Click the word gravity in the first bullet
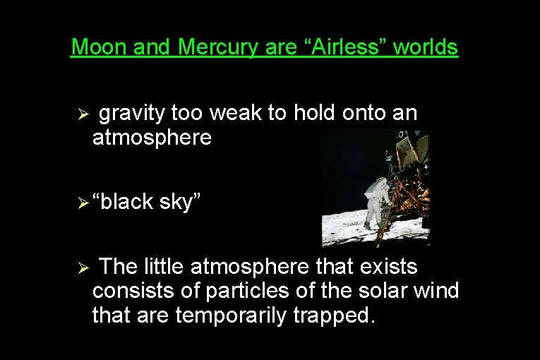coord(131,114)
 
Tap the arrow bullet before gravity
coord(82,114)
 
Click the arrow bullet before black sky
coord(82,203)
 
